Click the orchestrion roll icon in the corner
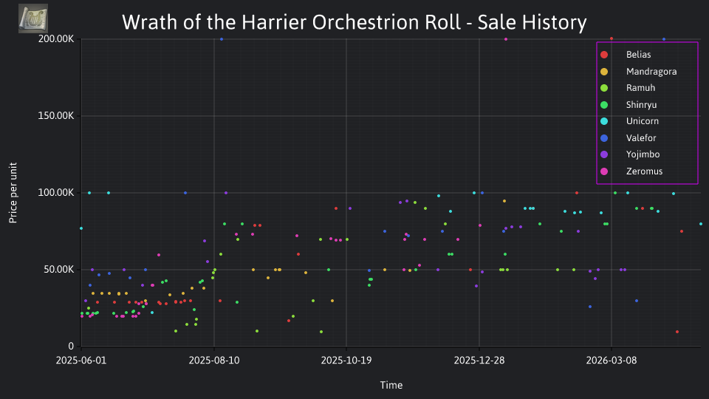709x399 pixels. coord(33,18)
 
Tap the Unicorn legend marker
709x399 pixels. coord(604,121)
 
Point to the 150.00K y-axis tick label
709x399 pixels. coord(56,116)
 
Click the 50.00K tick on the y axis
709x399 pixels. coord(59,270)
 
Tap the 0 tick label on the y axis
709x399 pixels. coord(71,346)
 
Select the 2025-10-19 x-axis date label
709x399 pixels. coord(346,361)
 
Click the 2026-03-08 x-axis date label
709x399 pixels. coord(612,361)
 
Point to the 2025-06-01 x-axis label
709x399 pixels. coord(81,361)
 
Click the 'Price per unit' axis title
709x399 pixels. coord(13,193)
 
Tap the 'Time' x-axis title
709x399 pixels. coord(391,385)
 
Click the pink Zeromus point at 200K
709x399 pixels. coord(506,39)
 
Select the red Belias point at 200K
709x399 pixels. coord(612,39)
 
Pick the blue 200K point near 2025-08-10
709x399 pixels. coord(222,39)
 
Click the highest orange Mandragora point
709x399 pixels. coord(504,201)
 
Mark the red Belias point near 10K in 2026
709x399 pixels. coord(677,332)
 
